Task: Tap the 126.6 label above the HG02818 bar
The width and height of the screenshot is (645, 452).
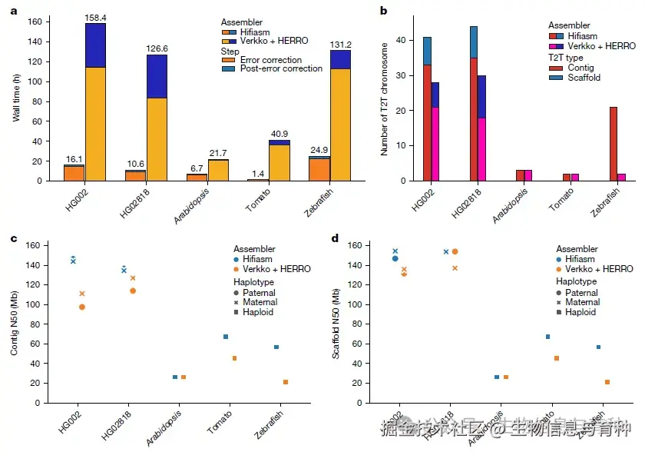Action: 156,48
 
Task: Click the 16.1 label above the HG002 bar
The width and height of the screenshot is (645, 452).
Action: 74,158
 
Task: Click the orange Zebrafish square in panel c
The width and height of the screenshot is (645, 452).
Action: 286,382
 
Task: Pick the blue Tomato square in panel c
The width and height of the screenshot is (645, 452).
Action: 226,337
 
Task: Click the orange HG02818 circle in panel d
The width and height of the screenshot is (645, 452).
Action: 455,251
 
